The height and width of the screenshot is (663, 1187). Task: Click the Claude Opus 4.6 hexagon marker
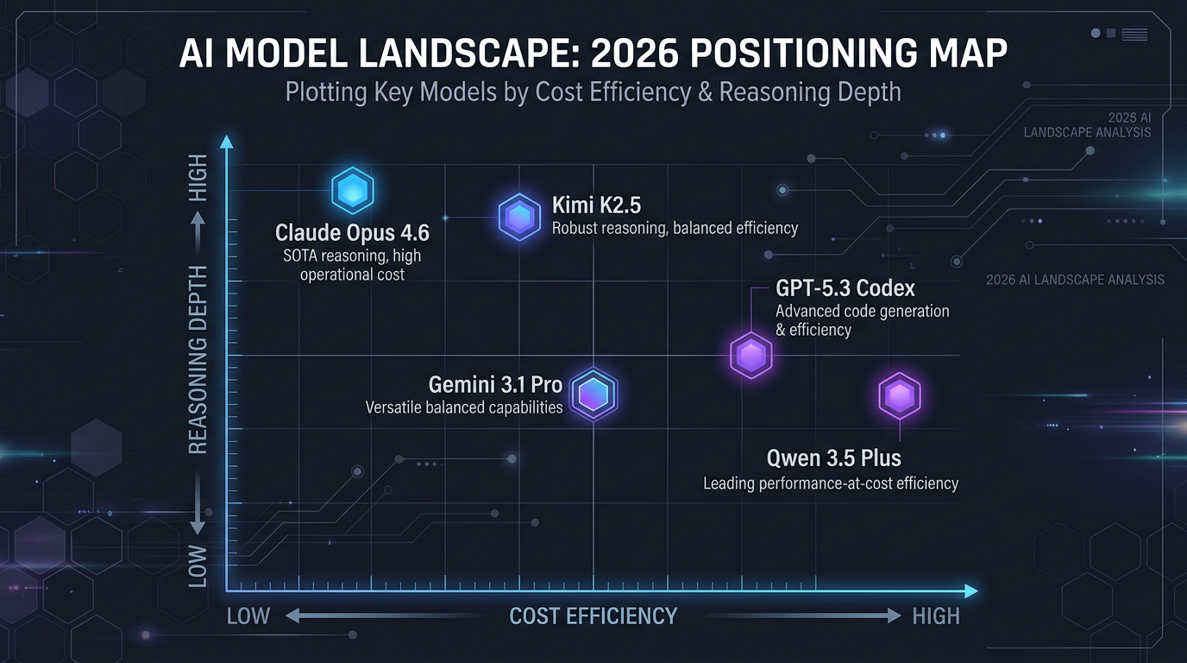352,192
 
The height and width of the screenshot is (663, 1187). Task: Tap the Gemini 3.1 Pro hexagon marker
593,395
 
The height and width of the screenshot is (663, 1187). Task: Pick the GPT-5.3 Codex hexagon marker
751,355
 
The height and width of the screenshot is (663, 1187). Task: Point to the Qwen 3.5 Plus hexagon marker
900,396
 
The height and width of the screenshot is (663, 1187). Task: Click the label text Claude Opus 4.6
352,233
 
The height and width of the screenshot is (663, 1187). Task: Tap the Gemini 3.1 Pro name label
495,384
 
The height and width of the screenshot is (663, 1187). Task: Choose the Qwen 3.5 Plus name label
834,458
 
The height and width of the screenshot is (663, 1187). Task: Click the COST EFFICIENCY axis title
593,616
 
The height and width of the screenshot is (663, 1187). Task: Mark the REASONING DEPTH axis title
198,359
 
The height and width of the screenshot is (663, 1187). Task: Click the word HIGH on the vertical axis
198,178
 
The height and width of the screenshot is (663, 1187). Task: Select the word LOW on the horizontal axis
248,616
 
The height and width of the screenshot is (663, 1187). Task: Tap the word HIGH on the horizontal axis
936,616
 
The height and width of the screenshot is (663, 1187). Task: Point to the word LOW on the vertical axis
198,565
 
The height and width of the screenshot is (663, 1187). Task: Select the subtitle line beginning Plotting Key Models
593,92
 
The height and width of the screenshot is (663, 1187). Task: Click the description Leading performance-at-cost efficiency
831,483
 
